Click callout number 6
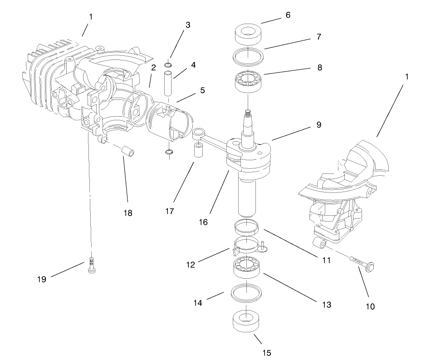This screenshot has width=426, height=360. pos(288,15)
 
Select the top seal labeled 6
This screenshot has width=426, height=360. pos(248,35)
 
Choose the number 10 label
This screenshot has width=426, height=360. pos(370,306)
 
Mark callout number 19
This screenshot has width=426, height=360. pos(42,279)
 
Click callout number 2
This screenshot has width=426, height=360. pos(154,68)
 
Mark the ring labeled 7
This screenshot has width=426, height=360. pos(248,58)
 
